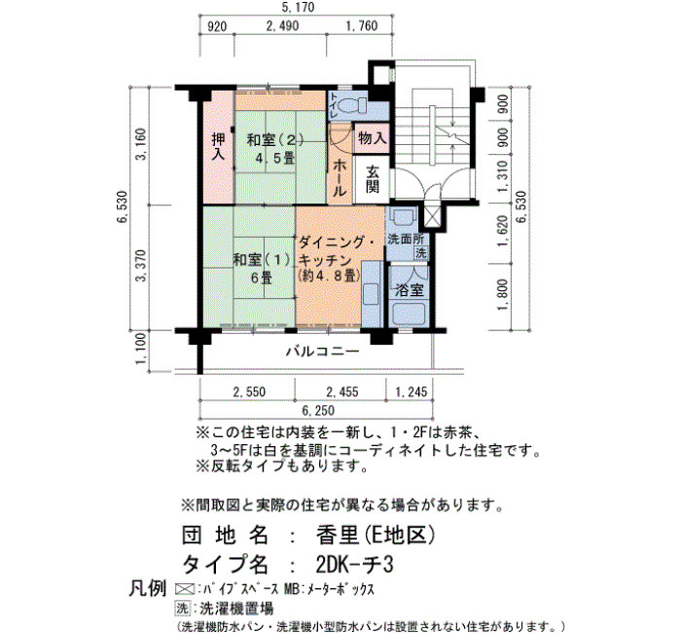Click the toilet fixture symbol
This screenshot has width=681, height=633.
tap(352, 105)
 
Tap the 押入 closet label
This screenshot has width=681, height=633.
tap(218, 147)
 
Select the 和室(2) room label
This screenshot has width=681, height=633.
tap(275, 141)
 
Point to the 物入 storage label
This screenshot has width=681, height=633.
tap(372, 138)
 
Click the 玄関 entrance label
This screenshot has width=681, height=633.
tap(373, 178)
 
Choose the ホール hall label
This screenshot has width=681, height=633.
tap(340, 178)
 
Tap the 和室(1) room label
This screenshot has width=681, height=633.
tap(262, 260)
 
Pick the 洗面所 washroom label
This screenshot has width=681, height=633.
tap(402, 240)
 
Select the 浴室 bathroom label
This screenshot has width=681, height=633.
tap(410, 290)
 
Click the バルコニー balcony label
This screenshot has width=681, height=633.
tap(322, 352)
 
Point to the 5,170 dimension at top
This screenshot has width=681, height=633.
tap(297, 8)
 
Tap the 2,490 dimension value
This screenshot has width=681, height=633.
tap(282, 26)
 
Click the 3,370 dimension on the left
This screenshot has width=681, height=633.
tap(141, 266)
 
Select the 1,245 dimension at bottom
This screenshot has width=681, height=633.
tap(411, 392)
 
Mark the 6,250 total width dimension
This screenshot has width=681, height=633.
tap(318, 411)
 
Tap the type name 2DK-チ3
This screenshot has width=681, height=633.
tap(355, 565)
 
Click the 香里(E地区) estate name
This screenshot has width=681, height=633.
tap(376, 536)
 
